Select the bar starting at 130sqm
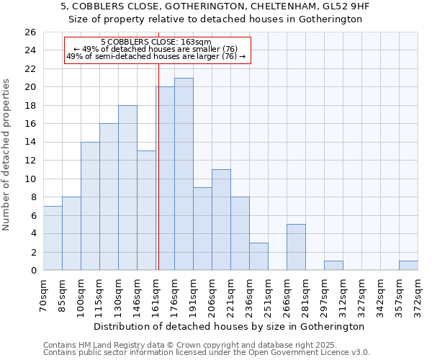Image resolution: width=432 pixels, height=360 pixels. (x=127, y=188)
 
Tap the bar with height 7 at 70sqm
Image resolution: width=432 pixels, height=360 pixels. (x=53, y=238)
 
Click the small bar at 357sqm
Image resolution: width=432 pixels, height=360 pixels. (x=408, y=266)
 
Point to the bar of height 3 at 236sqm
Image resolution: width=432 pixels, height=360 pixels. (x=258, y=256)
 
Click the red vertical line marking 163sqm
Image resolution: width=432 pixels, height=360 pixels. (x=158, y=180)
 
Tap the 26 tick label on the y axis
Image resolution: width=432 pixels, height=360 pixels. (x=30, y=32)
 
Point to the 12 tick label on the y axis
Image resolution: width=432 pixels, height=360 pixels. (x=30, y=161)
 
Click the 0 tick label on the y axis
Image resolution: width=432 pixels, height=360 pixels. (x=32, y=271)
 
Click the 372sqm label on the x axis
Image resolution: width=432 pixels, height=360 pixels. (x=418, y=294)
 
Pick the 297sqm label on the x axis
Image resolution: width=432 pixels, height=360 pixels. (x=324, y=294)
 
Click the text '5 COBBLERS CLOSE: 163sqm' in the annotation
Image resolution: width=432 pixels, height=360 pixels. (x=156, y=42)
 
